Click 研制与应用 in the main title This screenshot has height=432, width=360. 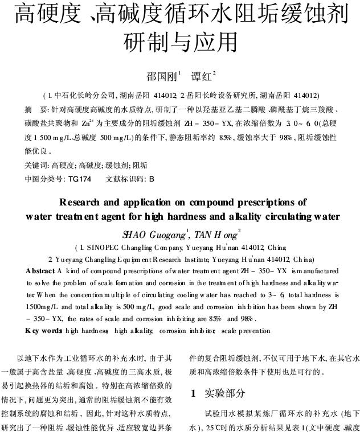tap(180, 41)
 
